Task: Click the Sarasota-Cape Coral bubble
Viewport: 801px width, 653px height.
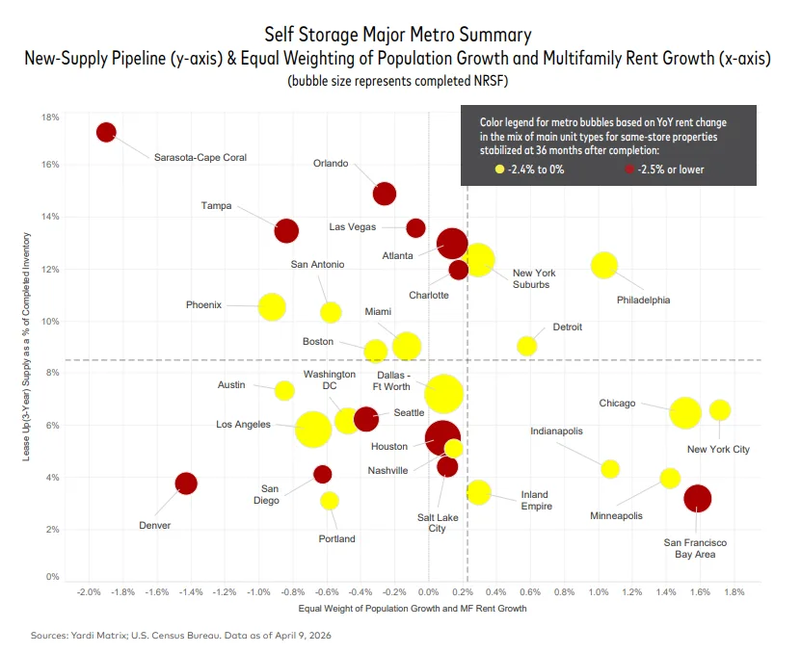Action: coord(106,132)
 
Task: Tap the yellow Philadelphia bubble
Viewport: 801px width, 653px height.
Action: coord(603,265)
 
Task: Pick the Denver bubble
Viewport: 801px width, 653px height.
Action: coord(186,483)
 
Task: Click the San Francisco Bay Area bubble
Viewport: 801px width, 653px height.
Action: coord(697,499)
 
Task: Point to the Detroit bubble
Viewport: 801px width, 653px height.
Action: coord(526,346)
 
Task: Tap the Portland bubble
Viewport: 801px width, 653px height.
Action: coord(330,501)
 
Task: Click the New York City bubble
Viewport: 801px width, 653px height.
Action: coord(719,410)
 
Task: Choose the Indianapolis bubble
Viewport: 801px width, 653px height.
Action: coord(610,469)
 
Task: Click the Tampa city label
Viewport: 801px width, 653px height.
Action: coord(216,205)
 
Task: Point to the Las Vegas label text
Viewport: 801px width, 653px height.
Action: coord(352,227)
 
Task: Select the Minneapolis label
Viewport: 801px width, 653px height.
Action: coord(616,516)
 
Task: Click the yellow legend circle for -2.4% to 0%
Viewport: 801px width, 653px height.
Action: coord(499,170)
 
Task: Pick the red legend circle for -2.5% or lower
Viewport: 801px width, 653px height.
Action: coord(628,170)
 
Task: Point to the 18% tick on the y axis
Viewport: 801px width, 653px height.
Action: coord(48,118)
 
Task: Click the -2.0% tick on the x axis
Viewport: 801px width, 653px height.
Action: coord(90,592)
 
